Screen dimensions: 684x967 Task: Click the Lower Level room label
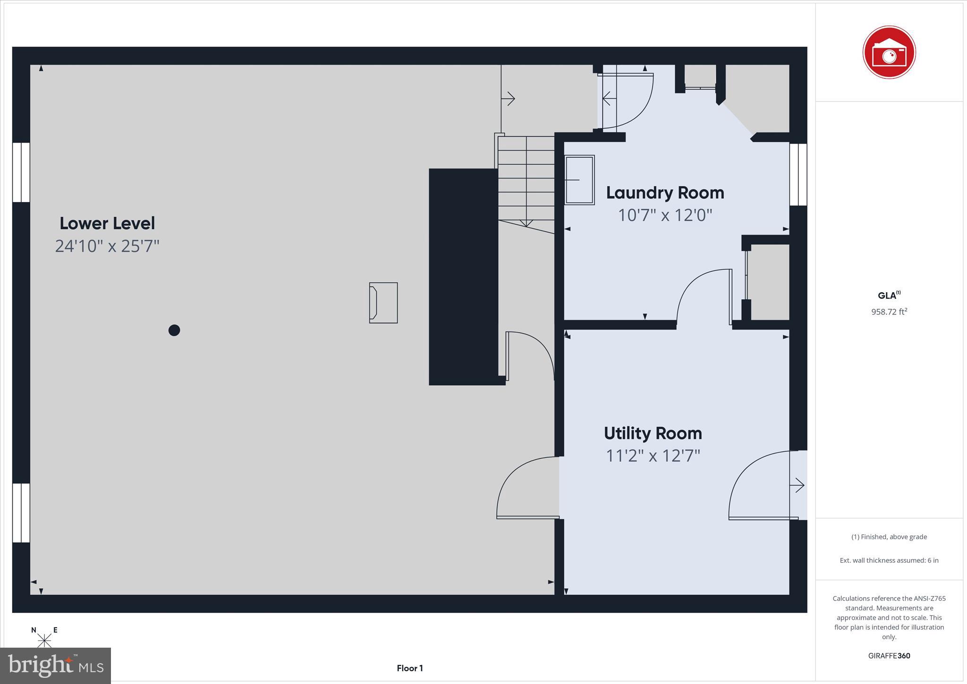[x=107, y=223]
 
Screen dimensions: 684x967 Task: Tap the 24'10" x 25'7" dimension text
[x=107, y=246]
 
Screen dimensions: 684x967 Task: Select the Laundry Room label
[x=665, y=193]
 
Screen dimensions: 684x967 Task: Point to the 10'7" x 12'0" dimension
[x=665, y=215]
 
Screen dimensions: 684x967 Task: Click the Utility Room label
[x=653, y=433]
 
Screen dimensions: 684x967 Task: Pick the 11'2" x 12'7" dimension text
[x=653, y=456]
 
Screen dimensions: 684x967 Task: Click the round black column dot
[x=174, y=330]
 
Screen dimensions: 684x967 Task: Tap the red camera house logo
[x=889, y=52]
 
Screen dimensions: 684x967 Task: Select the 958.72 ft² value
[x=889, y=312]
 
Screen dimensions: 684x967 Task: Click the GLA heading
[x=888, y=296]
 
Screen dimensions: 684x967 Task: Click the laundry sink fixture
[x=580, y=180]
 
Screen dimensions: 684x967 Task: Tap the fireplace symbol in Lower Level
[x=383, y=303]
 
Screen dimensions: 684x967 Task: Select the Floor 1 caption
[x=409, y=668]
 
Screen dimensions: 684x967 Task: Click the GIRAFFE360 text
[x=889, y=656]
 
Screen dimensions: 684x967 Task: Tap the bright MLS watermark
[x=56, y=666]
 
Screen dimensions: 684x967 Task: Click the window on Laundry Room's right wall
[x=798, y=175]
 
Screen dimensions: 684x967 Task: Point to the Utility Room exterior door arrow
[x=797, y=485]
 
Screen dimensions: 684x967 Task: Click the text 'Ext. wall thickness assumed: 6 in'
[x=889, y=560]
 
